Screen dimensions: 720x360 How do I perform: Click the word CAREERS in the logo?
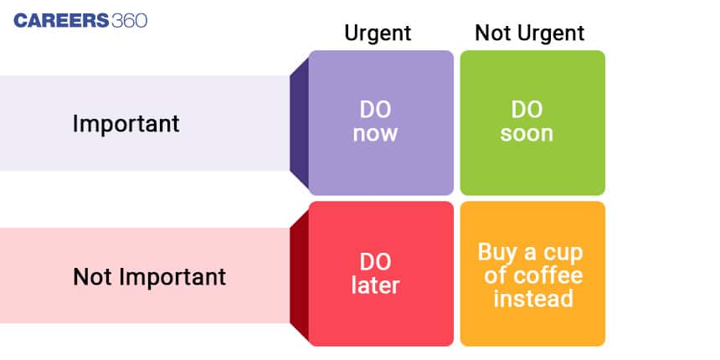click(61, 21)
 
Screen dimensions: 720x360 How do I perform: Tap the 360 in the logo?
click(129, 21)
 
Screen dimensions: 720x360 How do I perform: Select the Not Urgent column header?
click(529, 33)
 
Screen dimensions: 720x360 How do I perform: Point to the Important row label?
click(126, 124)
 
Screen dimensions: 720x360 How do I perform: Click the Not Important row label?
click(149, 277)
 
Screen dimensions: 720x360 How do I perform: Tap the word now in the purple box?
click(375, 134)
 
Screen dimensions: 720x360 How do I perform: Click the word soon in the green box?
click(527, 134)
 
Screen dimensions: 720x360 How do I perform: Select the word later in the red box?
click(375, 285)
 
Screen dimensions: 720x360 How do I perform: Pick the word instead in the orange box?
click(533, 299)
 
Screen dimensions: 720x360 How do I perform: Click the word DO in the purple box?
click(375, 111)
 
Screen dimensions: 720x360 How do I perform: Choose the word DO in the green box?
click(527, 110)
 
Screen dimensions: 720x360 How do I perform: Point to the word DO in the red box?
click(375, 263)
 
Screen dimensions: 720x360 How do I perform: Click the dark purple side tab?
click(299, 123)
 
